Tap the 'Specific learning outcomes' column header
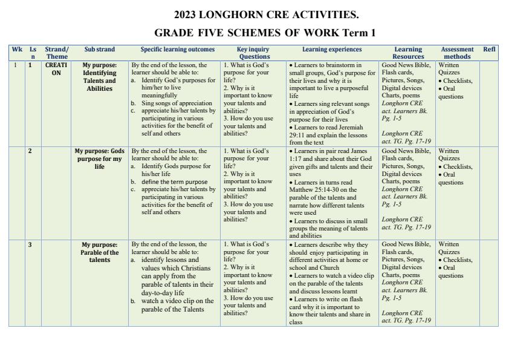[177, 50]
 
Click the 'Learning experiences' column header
[332, 50]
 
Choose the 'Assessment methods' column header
[457, 53]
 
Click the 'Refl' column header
[489, 50]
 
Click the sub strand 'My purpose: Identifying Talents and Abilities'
[100, 76]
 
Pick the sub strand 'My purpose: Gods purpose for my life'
[100, 159]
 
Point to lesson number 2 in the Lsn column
[30, 151]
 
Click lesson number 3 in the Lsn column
[30, 244]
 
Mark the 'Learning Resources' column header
[408, 53]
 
